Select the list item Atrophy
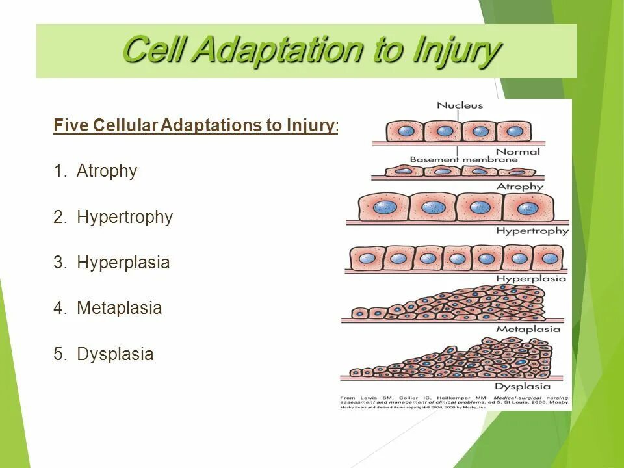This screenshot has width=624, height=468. (x=107, y=171)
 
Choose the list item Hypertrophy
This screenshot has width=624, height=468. (x=125, y=217)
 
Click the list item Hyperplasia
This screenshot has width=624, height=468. (x=123, y=263)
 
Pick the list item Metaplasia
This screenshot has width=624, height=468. (x=119, y=308)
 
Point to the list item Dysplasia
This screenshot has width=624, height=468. (x=115, y=354)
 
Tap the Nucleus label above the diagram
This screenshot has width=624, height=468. (x=460, y=105)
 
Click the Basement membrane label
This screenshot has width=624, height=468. (x=463, y=159)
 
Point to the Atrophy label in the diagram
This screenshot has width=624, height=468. (x=519, y=187)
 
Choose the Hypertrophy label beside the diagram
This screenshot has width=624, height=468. (x=532, y=231)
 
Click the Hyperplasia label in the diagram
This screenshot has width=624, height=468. (x=531, y=279)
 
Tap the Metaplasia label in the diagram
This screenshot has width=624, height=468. (x=528, y=329)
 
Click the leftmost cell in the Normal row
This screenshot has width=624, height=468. (x=406, y=131)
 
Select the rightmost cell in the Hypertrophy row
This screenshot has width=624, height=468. (x=527, y=207)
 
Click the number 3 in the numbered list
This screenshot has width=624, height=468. (x=58, y=263)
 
